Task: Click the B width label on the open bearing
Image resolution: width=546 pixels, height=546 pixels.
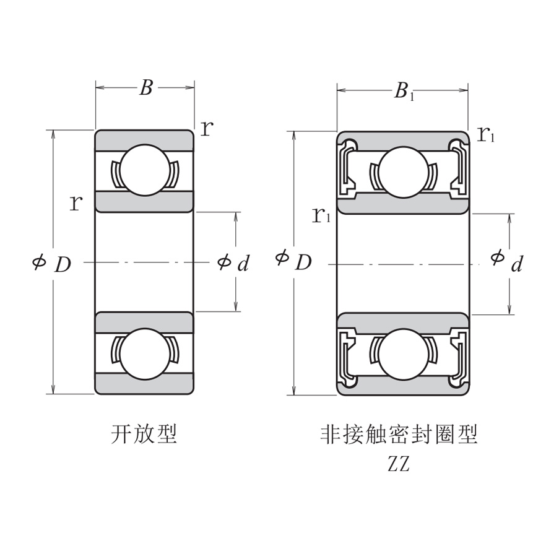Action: (145, 88)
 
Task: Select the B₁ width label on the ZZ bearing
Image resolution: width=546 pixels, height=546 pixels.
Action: (403, 92)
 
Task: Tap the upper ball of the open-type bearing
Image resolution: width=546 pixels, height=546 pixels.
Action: (145, 170)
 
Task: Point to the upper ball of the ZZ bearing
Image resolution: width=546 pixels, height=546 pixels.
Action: (403, 171)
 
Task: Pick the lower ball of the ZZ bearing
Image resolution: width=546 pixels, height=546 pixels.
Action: (403, 354)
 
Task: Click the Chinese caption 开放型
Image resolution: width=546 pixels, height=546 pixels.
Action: (144, 434)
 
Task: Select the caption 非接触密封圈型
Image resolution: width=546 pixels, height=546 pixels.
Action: (399, 434)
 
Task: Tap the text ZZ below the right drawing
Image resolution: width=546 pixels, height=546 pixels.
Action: (399, 464)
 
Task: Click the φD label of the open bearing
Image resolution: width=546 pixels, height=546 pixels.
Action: (52, 263)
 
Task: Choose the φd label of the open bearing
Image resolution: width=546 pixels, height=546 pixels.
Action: (233, 263)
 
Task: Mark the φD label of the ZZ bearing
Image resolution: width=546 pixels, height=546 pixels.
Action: (293, 261)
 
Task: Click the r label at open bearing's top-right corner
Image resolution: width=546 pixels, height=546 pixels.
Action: (207, 128)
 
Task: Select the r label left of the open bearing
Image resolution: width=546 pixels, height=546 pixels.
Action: (76, 202)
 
